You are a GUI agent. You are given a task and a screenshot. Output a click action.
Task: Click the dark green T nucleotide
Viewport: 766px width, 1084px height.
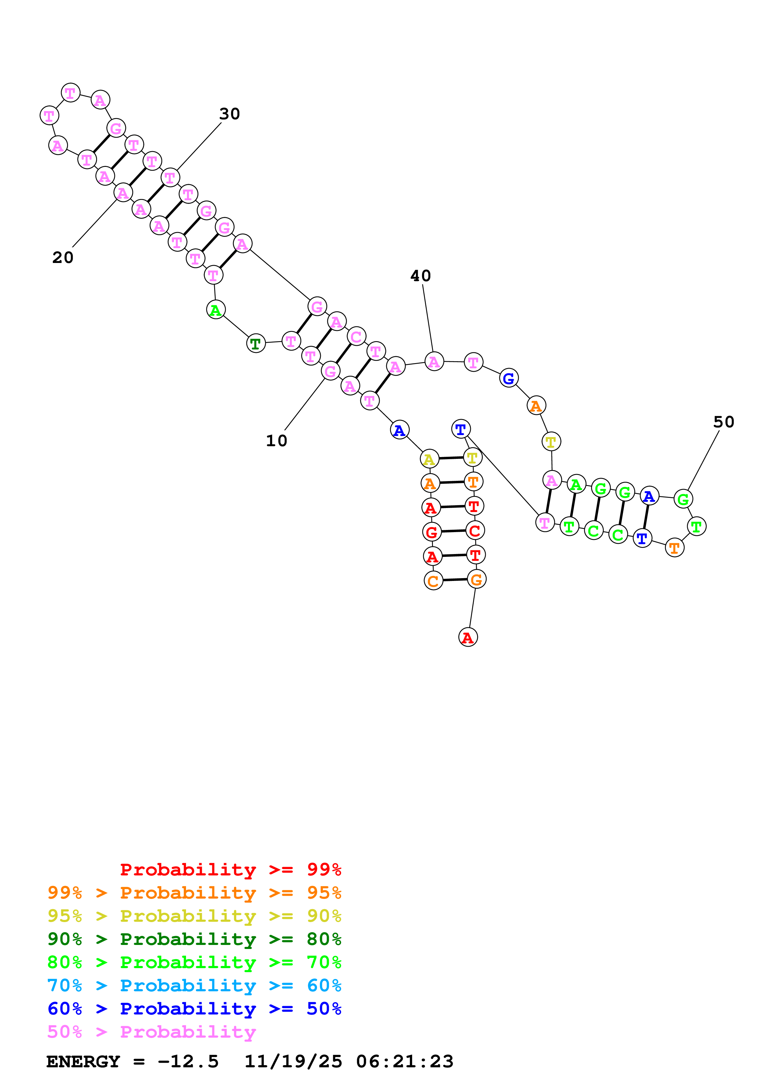coord(256,343)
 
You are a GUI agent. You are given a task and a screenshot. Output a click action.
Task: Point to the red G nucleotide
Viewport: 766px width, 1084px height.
coord(431,532)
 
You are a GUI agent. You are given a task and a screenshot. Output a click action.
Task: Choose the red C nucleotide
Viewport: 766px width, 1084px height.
coord(475,530)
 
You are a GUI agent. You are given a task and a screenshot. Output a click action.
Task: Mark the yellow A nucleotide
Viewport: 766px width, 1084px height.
coord(429,459)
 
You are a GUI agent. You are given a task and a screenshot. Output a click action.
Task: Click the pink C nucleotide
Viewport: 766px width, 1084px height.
coord(356,336)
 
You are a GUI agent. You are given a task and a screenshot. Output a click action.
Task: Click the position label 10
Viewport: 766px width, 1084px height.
coord(277,441)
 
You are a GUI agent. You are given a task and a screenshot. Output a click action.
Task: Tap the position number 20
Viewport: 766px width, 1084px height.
coord(63,257)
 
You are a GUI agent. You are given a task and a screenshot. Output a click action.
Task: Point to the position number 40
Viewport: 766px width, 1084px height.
coord(421,276)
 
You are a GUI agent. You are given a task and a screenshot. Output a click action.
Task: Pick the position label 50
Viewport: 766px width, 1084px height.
coord(724,421)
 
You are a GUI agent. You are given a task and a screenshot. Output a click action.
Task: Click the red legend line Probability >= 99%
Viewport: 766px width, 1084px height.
coord(230,869)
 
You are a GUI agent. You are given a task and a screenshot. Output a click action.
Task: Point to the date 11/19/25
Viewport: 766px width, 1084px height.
coord(293,1061)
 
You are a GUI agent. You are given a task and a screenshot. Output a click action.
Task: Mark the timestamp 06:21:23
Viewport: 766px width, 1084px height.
coord(404,1061)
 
